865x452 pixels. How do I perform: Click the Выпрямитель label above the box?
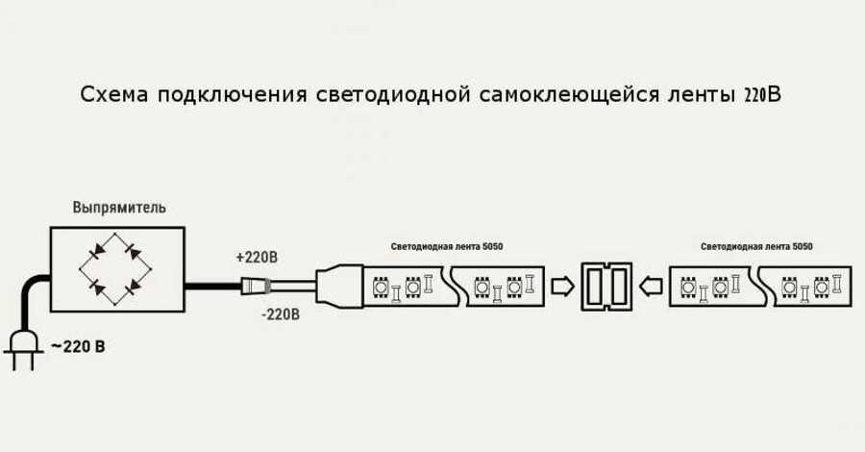[119, 208]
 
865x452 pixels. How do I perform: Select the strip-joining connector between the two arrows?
[607, 286]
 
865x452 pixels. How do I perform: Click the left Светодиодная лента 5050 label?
[446, 247]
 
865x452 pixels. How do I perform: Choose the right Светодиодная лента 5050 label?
[756, 247]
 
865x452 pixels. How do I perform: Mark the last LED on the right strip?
[822, 286]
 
